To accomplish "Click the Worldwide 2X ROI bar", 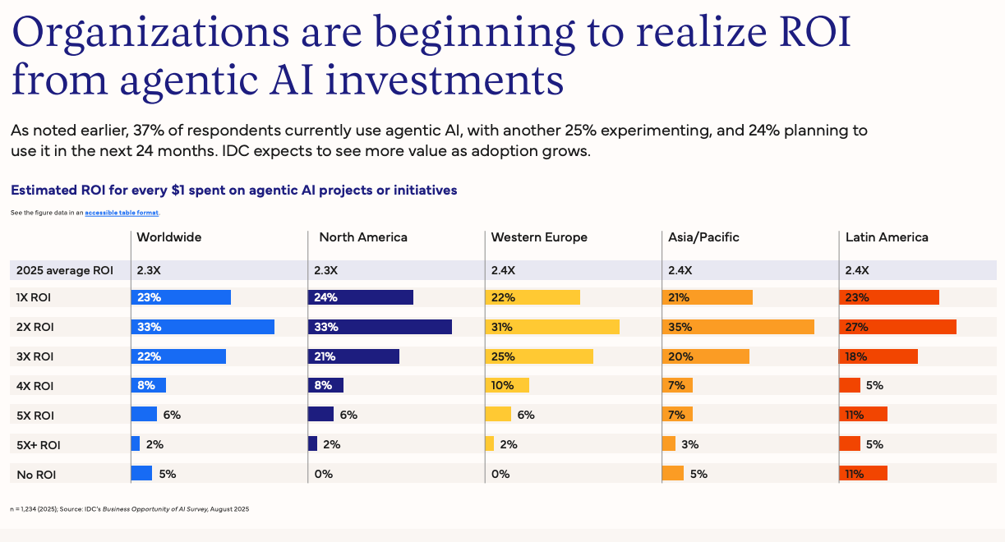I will (202, 327).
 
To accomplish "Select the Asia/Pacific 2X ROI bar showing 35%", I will (737, 327).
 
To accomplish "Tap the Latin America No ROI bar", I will (863, 474).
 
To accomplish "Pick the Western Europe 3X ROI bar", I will (539, 356).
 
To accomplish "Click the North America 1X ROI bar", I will (360, 297).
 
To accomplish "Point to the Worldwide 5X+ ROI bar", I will (136, 444).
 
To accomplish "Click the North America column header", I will (362, 237).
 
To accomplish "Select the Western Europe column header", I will (539, 237).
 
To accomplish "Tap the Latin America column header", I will (887, 237).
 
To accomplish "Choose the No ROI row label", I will (37, 475).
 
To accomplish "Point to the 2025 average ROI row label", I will (64, 270).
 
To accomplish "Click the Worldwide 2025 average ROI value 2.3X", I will (148, 270).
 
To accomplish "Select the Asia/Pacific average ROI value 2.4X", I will (679, 270).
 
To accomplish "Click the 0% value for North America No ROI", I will (323, 474).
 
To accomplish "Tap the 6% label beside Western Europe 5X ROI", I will (526, 415).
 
